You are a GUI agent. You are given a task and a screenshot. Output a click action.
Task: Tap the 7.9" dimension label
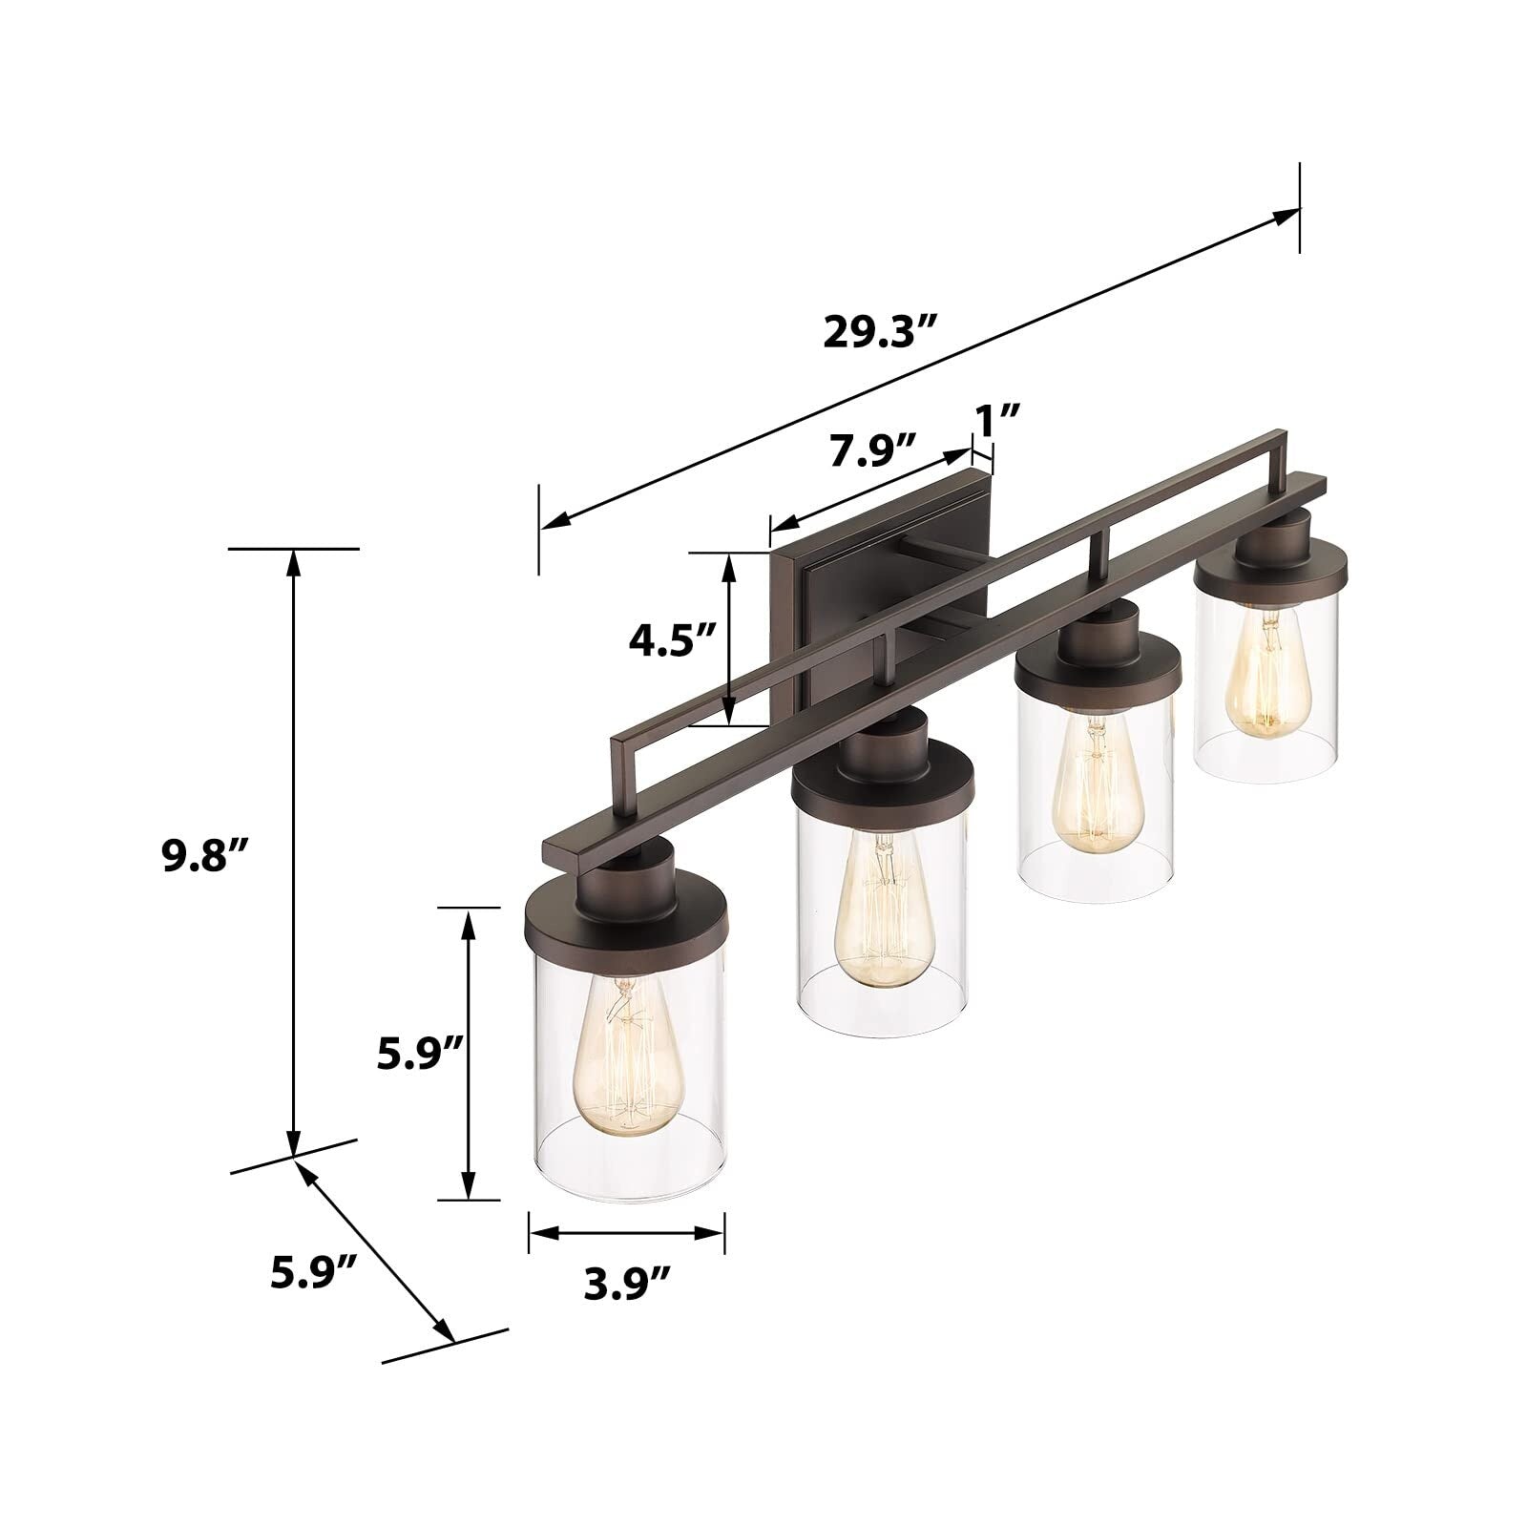(x=872, y=450)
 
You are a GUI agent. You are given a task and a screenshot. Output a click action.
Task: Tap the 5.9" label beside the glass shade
(x=420, y=1055)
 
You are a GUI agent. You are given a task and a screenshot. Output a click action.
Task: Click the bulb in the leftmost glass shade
(x=621, y=1069)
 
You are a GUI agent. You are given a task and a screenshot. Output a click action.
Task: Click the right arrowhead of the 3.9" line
(x=714, y=1232)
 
